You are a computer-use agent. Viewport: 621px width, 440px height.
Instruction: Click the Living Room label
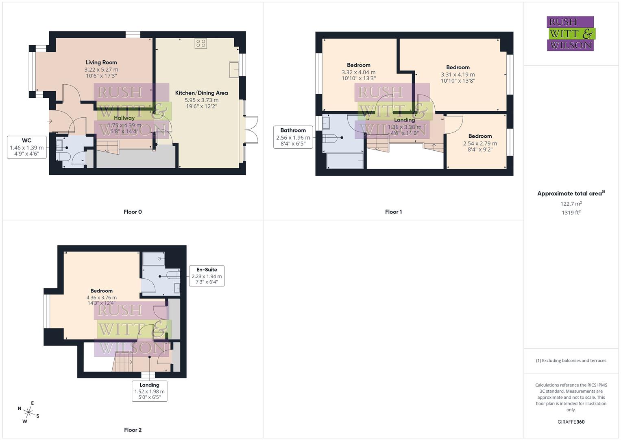pos(101,62)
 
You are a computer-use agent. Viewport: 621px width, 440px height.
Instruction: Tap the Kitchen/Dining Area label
pos(201,93)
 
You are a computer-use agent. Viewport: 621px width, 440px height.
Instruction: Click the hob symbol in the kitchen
pos(200,43)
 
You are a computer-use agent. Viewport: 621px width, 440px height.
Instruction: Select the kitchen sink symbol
pos(234,69)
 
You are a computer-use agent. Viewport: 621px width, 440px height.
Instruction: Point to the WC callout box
pos(26,147)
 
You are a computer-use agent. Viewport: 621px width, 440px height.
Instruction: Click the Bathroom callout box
pos(293,137)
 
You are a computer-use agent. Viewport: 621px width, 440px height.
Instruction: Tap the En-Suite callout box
pos(207,276)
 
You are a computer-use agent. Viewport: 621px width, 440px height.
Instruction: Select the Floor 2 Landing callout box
pos(149,391)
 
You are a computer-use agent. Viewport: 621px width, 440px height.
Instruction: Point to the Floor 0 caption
pos(133,212)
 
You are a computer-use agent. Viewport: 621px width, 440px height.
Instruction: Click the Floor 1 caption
pos(393,212)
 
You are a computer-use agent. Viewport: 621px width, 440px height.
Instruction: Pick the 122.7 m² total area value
pos(571,204)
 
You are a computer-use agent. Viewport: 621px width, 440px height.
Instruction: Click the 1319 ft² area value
pos(571,213)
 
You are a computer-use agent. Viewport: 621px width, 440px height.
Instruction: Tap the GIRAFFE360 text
pos(571,422)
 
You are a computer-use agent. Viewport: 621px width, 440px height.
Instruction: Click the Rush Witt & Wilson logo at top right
pos(570,34)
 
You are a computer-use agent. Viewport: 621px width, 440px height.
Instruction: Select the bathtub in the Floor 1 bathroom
pos(345,161)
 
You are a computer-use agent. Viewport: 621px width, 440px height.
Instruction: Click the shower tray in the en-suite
pos(154,259)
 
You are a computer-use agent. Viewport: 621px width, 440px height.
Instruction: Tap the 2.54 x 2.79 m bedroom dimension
pos(480,143)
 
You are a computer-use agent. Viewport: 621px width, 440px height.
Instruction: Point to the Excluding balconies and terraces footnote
pos(571,361)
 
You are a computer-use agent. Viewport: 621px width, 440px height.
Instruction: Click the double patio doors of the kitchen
pos(251,130)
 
